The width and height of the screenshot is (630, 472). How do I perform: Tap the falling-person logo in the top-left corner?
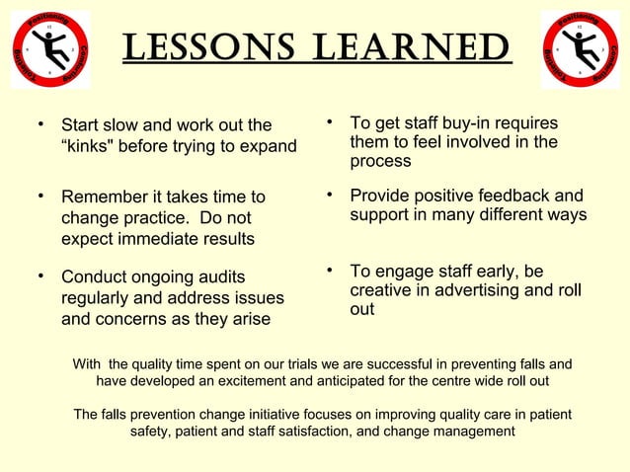pos(49,49)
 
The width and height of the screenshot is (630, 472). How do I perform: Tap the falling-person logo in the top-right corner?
pos(580,49)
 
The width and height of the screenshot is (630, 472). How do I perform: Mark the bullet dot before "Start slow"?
pos(40,125)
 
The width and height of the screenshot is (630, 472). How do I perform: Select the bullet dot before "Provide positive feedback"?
pos(330,195)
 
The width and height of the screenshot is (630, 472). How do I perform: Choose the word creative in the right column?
pos(380,290)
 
